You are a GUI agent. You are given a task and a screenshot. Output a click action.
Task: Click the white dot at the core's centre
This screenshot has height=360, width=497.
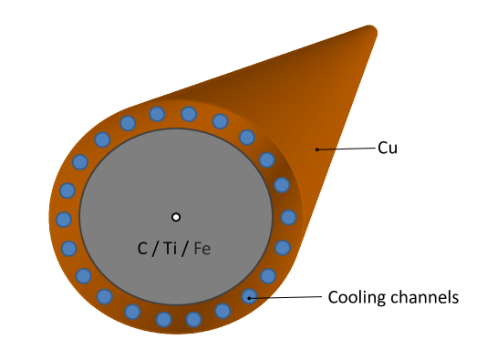pyautogui.click(x=176, y=217)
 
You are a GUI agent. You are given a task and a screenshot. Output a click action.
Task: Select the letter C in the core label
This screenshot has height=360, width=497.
pyautogui.click(x=142, y=249)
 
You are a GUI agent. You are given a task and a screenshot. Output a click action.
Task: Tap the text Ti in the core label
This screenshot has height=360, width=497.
pyautogui.click(x=171, y=249)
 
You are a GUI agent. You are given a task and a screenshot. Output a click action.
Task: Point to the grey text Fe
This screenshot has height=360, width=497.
pyautogui.click(x=202, y=249)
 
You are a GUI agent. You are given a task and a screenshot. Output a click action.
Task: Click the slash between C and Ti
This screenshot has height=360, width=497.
pyautogui.click(x=155, y=249)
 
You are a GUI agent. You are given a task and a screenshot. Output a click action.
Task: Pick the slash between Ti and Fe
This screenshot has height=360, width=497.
pyautogui.click(x=185, y=249)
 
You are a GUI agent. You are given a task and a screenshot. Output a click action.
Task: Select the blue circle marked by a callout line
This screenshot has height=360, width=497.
pyautogui.click(x=249, y=296)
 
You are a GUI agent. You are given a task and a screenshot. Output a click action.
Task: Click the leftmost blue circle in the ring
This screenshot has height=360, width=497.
pyautogui.click(x=64, y=220)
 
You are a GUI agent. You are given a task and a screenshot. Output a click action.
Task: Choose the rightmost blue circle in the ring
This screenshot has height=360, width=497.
pyautogui.click(x=288, y=217)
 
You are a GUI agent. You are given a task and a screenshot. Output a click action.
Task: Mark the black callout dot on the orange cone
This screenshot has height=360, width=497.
pyautogui.click(x=316, y=149)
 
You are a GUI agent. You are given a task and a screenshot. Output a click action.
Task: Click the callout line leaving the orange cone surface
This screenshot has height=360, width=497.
pyautogui.click(x=327, y=149)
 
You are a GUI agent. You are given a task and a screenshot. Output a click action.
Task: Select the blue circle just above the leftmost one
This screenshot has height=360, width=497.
pyautogui.click(x=67, y=190)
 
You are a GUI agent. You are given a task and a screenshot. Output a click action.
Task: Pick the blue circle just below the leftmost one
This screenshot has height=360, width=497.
pyautogui.click(x=69, y=248)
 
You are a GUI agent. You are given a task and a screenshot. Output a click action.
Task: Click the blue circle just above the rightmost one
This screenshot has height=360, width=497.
pyautogui.click(x=282, y=185)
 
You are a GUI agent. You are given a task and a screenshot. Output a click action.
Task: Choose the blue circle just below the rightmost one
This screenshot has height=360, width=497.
pyautogui.click(x=283, y=247)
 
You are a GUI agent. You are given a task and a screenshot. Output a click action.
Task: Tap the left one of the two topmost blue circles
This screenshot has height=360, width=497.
pyautogui.click(x=157, y=114)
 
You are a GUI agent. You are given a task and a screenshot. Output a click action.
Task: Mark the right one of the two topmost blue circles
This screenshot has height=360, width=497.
pyautogui.click(x=189, y=114)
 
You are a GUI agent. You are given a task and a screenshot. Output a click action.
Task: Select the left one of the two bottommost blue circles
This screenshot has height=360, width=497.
pyautogui.click(x=164, y=319)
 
